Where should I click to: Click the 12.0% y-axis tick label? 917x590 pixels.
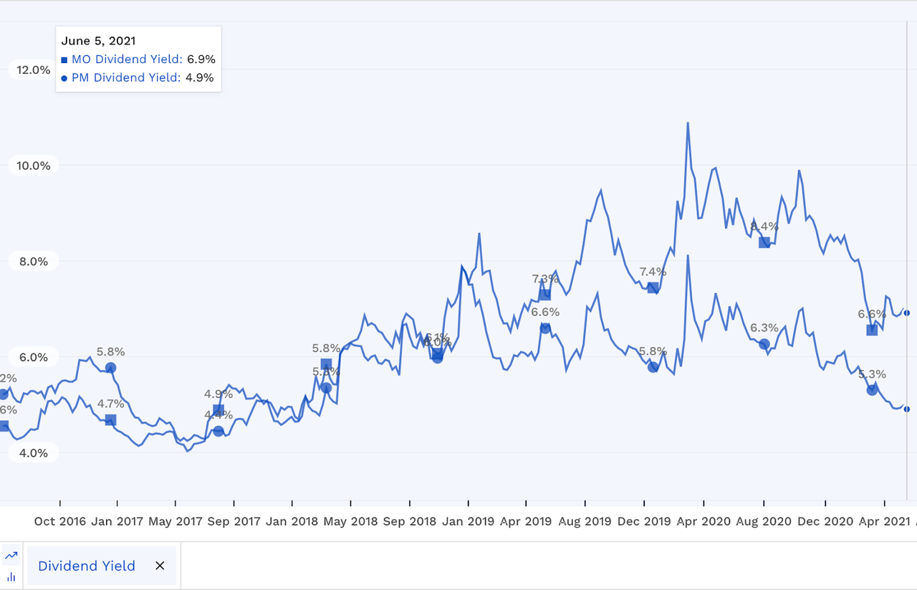(x=33, y=70)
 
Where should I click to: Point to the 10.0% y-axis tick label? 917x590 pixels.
(x=33, y=166)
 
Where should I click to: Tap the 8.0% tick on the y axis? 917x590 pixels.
(x=33, y=262)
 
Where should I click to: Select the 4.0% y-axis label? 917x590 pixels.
(x=33, y=453)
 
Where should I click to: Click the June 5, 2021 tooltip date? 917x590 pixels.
(x=98, y=41)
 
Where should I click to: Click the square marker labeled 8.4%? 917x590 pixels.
(x=764, y=242)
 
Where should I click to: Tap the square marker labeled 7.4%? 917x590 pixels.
(x=653, y=287)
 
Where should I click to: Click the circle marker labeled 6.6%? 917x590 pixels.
(x=545, y=328)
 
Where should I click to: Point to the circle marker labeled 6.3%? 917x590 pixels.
(x=764, y=344)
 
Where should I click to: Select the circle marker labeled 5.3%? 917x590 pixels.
(x=872, y=390)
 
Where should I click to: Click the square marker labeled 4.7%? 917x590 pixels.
(x=110, y=419)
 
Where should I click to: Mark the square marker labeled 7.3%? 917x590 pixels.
(x=545, y=294)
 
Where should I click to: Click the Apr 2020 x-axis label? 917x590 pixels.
(x=704, y=521)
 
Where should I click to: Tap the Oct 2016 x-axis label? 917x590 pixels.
(x=59, y=521)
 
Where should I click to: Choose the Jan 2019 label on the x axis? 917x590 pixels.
(x=468, y=521)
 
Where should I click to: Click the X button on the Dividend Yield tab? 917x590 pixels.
(x=160, y=566)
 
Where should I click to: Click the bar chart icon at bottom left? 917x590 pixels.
(x=11, y=576)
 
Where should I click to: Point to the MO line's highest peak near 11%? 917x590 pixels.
(x=688, y=123)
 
